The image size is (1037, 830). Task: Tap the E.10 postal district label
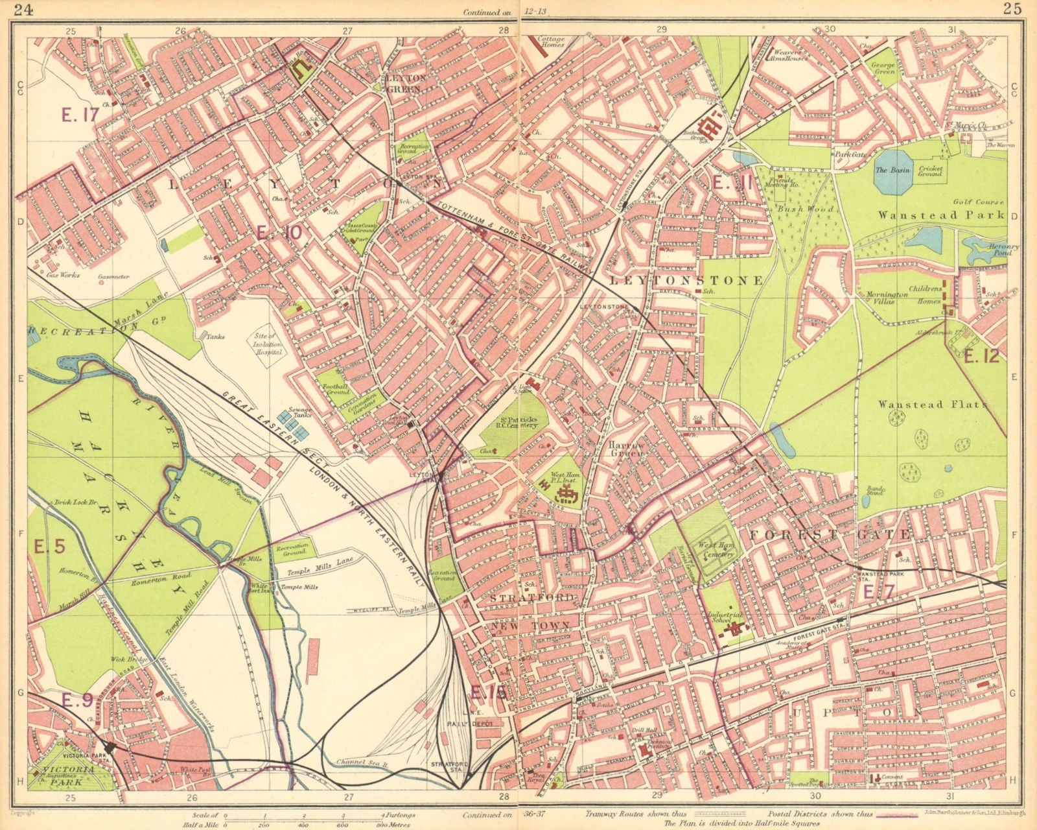(x=278, y=232)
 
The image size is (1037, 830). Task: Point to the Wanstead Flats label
(x=932, y=404)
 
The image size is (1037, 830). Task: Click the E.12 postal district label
(x=981, y=356)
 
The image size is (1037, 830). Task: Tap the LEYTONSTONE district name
(x=686, y=281)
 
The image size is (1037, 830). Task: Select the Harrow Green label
(x=626, y=450)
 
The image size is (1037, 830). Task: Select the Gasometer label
(x=114, y=277)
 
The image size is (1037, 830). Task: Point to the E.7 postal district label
(x=878, y=591)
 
